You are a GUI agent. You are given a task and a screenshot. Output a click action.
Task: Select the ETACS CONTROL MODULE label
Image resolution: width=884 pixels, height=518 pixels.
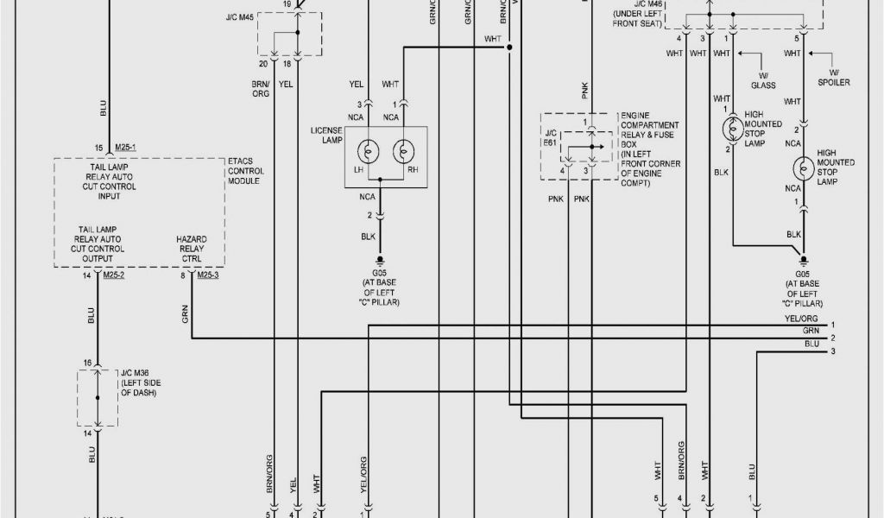pos(246,171)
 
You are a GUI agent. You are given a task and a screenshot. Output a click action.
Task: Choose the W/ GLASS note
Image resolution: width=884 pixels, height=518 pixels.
pos(762,80)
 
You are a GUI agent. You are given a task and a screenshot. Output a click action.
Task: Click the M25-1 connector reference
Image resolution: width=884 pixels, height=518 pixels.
pos(125,148)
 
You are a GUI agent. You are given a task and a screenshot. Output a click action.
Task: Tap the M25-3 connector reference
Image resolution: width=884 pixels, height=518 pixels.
pos(207,275)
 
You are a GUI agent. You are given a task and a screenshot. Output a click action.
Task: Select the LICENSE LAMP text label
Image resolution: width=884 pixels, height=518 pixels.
pos(327,135)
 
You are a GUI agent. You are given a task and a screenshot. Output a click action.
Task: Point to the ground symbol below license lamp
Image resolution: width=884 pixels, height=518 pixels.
pos(378,259)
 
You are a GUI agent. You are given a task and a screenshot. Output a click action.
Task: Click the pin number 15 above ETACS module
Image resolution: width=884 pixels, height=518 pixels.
pos(99,148)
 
